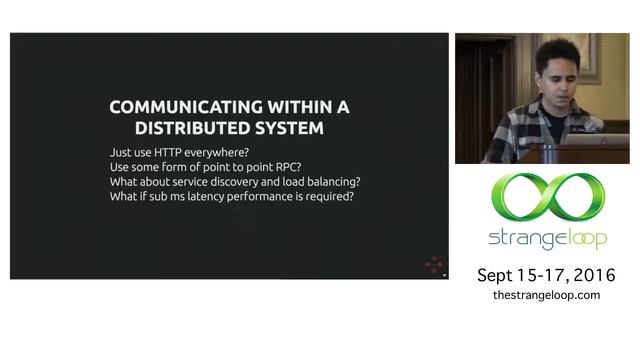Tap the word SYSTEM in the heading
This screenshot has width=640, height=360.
click(x=289, y=129)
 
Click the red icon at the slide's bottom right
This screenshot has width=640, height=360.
click(x=433, y=265)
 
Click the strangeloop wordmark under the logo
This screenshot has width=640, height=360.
click(x=546, y=240)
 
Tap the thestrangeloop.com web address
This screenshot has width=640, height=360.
click(x=546, y=295)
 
